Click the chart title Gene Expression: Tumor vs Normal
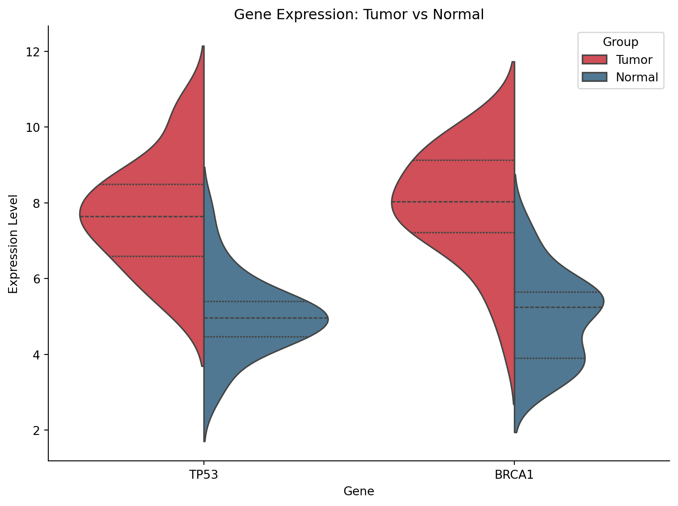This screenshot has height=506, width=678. [359, 15]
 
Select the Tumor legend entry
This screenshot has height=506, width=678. [634, 60]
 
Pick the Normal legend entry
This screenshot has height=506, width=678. [636, 77]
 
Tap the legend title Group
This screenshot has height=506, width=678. [620, 42]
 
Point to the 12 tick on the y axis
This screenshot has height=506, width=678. [38, 52]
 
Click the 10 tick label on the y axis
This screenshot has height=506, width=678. [38, 127]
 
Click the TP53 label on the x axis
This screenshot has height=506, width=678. [203, 475]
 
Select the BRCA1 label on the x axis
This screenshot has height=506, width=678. [514, 475]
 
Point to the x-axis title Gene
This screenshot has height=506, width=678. [359, 492]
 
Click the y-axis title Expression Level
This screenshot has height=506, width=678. [13, 244]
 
